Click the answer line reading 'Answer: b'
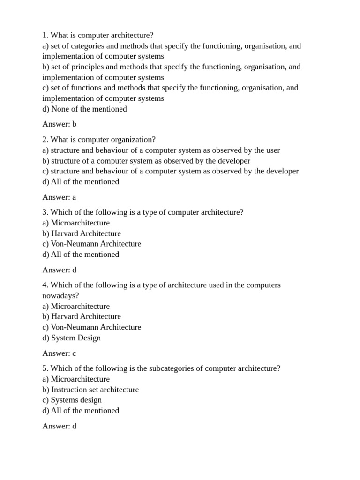pyautogui.click(x=60, y=124)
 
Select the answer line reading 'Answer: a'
pyautogui.click(x=59, y=197)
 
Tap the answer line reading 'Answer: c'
pyautogui.click(x=59, y=353)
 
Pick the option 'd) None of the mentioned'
pyautogui.click(x=85, y=109)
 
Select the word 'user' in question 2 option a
pyautogui.click(x=273, y=150)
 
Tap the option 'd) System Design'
pyautogui.click(x=72, y=337)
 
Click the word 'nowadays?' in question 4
pyautogui.click(x=61, y=295)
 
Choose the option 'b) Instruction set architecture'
pyautogui.click(x=90, y=390)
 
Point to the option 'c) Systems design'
pyautogui.click(x=72, y=400)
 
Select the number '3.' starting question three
pyautogui.click(x=45, y=212)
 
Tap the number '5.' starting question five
pyautogui.click(x=45, y=368)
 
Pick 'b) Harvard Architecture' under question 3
pyautogui.click(x=82, y=233)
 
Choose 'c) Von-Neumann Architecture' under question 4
pyautogui.click(x=92, y=327)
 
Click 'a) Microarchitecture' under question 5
pyautogui.click(x=76, y=379)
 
